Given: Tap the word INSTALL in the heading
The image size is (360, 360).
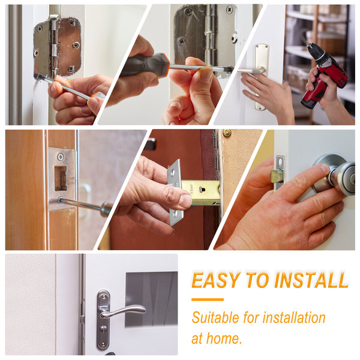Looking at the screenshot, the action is (x=311, y=280).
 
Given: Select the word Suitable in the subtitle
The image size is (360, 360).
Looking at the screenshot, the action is (x=215, y=317).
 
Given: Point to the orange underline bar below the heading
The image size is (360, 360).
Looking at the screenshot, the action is (x=208, y=299).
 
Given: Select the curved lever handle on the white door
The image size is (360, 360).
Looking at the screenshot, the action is (x=123, y=311).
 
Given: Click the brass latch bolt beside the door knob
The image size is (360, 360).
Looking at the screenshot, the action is (x=276, y=176).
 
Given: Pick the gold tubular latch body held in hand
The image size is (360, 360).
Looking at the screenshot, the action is (x=200, y=193).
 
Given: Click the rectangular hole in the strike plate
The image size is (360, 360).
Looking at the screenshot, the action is (x=61, y=178).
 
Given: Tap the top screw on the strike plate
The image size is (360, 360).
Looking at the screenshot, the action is (x=61, y=157).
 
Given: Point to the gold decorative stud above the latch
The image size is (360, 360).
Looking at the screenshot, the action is (x=227, y=133).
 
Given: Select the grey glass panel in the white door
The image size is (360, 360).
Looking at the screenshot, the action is (x=151, y=299).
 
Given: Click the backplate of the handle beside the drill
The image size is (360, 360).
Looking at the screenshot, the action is (x=262, y=77).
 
